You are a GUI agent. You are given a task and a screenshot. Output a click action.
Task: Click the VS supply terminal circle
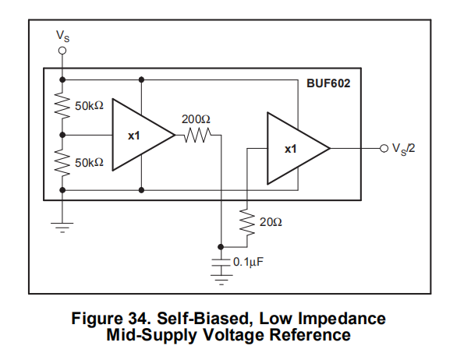pyautogui.click(x=62, y=51)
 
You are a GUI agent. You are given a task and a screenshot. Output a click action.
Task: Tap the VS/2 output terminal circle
pyautogui.click(x=384, y=148)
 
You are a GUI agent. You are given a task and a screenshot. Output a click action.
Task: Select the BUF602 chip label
pyautogui.click(x=328, y=83)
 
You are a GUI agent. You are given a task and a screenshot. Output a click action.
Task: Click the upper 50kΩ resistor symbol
pyautogui.click(x=62, y=105)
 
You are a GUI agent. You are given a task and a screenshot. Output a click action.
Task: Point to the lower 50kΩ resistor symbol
pyautogui.click(x=62, y=162)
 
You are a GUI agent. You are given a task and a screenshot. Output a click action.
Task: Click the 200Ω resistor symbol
pyautogui.click(x=197, y=135)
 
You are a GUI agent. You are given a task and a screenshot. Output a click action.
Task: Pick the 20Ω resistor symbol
pyautogui.click(x=247, y=222)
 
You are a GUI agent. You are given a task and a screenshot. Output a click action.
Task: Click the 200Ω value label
pyautogui.click(x=196, y=119)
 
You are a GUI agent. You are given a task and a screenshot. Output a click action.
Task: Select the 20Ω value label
pyautogui.click(x=271, y=222)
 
